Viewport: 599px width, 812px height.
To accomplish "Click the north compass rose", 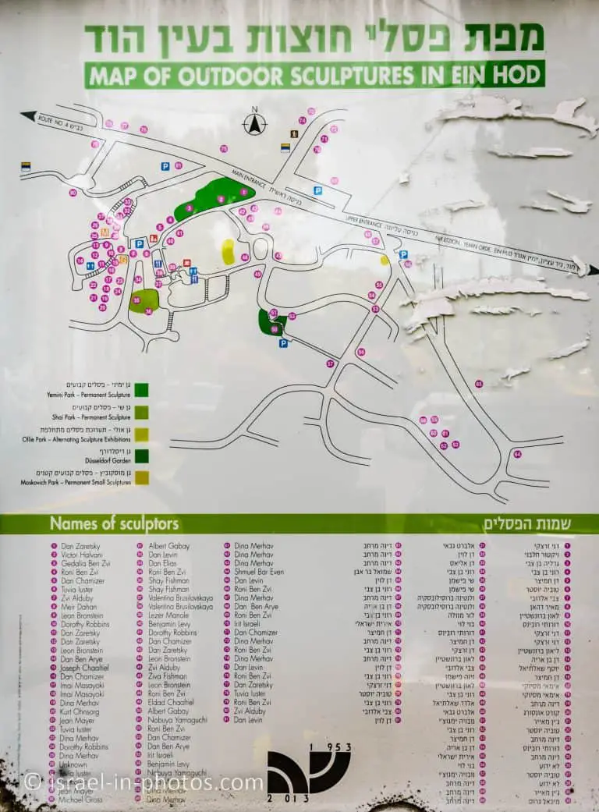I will pos(254,123).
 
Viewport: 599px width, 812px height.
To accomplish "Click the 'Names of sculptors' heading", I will pos(114,523).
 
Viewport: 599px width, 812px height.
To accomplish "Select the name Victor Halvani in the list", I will pos(80,555).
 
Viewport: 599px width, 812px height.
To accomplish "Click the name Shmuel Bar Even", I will pos(259,572).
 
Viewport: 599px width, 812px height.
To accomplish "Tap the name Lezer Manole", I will pos(168,615).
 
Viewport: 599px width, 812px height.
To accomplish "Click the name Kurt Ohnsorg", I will pos(80,711).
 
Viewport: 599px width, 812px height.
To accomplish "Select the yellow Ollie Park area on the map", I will pos(228,251).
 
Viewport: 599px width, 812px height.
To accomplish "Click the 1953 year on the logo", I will pos(330,746).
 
